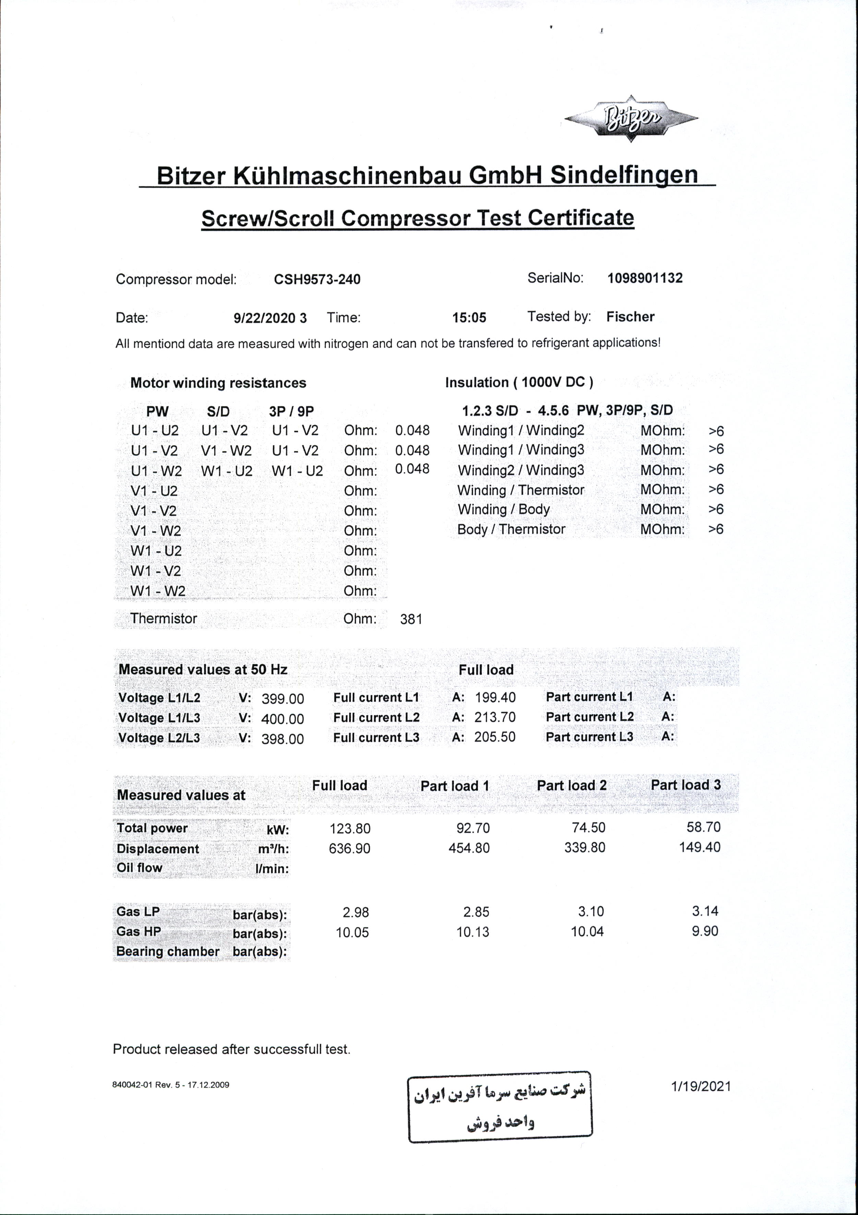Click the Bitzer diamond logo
631,119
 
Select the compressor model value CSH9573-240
317,279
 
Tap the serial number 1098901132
645,278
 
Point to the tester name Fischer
630,317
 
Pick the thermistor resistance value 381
411,619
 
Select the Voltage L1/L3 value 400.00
283,719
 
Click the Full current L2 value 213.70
495,717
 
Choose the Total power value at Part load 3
703,827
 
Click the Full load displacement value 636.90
349,849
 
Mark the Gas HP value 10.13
473,932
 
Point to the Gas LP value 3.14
705,911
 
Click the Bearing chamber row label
167,952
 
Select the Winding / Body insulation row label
503,510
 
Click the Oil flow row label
140,868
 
